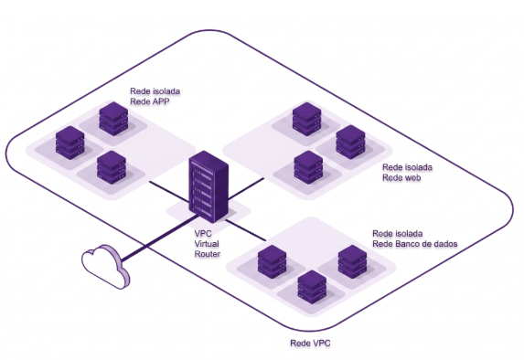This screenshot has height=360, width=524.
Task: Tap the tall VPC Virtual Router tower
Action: click(209, 186)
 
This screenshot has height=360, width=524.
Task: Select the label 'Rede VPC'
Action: click(310, 343)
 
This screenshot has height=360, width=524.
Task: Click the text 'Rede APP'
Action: click(150, 101)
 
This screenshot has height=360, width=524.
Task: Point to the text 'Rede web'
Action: click(401, 177)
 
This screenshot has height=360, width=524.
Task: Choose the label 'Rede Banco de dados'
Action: click(415, 244)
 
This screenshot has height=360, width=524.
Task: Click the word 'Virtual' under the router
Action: click(207, 243)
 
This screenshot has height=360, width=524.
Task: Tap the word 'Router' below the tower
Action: click(208, 254)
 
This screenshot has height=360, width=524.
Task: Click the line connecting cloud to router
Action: click(160, 238)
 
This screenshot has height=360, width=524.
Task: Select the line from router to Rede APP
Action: click(169, 192)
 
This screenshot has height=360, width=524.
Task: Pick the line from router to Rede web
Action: click(247, 188)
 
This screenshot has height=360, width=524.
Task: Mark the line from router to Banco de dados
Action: click(246, 230)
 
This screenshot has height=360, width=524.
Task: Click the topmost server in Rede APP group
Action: click(113, 119)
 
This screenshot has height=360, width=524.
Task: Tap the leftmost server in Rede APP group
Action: click(70, 143)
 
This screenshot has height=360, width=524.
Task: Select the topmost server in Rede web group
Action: click(306, 119)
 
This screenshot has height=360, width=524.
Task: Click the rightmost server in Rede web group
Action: click(350, 142)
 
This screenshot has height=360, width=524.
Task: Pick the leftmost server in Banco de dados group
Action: click(272, 262)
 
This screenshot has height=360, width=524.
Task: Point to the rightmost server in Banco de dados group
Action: click(353, 262)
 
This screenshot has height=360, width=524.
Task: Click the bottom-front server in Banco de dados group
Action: click(312, 287)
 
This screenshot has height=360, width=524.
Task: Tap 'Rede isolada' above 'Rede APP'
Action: click(155, 90)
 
